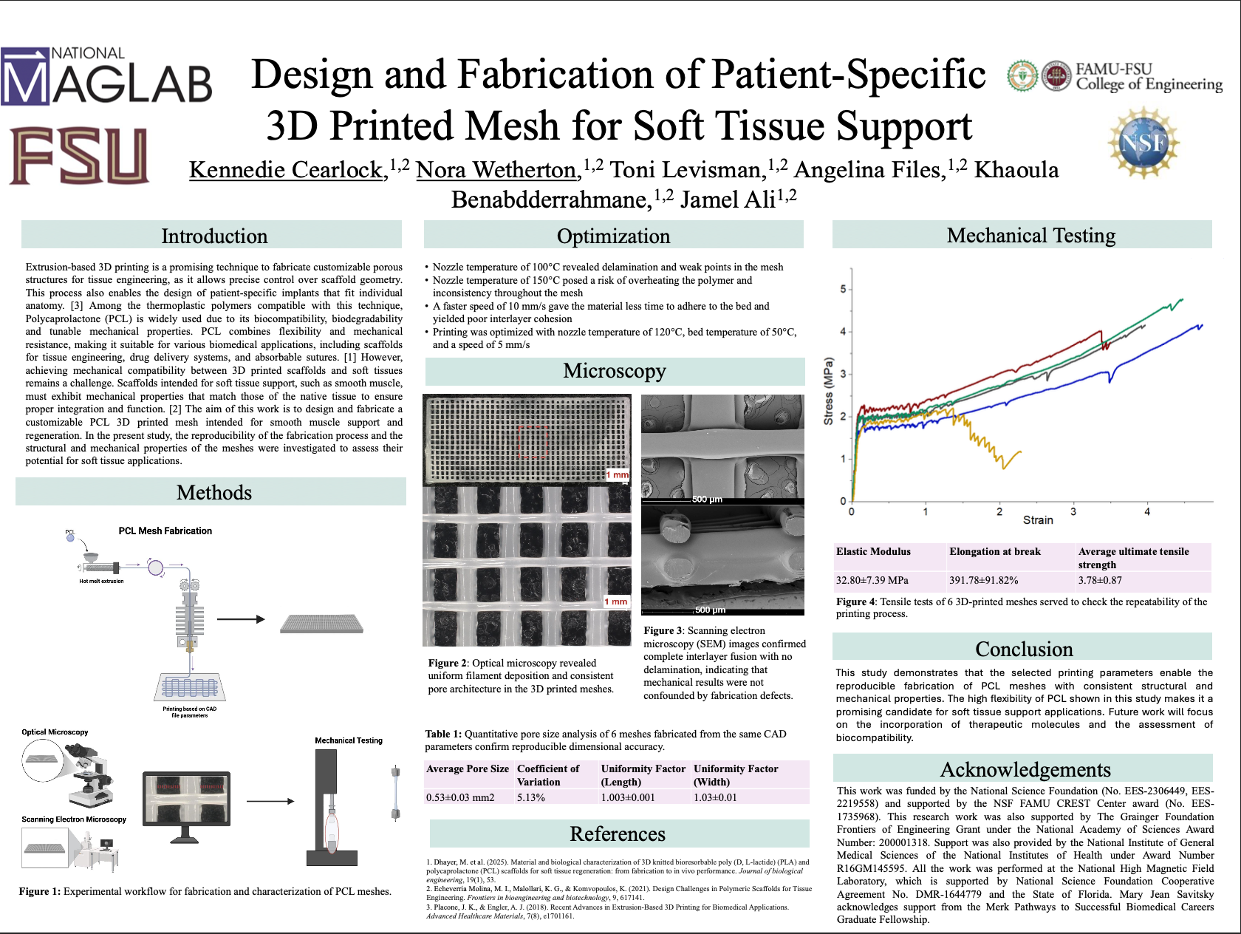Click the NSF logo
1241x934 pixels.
(x=1143, y=142)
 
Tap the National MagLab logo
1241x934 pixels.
(x=106, y=76)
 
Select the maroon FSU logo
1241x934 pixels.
(x=79, y=155)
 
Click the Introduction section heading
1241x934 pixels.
(x=214, y=236)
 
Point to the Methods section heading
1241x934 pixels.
(x=214, y=492)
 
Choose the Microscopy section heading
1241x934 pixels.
(x=615, y=371)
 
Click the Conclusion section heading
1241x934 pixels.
(x=1024, y=649)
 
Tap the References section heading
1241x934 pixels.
(x=618, y=834)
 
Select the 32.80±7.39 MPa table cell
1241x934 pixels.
(x=872, y=581)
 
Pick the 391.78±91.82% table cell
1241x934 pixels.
(x=984, y=581)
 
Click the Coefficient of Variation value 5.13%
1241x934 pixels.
(x=531, y=797)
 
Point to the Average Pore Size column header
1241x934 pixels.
(x=468, y=769)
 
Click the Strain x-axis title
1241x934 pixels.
(x=1038, y=520)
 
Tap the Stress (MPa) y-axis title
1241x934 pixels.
(x=829, y=391)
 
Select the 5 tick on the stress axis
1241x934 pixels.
(x=843, y=289)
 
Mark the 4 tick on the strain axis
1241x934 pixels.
(x=1147, y=511)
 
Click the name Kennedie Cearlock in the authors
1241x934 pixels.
(x=286, y=170)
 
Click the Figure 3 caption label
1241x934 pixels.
(x=663, y=630)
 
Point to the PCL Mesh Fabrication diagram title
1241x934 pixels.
(x=165, y=531)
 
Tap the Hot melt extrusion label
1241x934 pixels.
(x=101, y=581)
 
